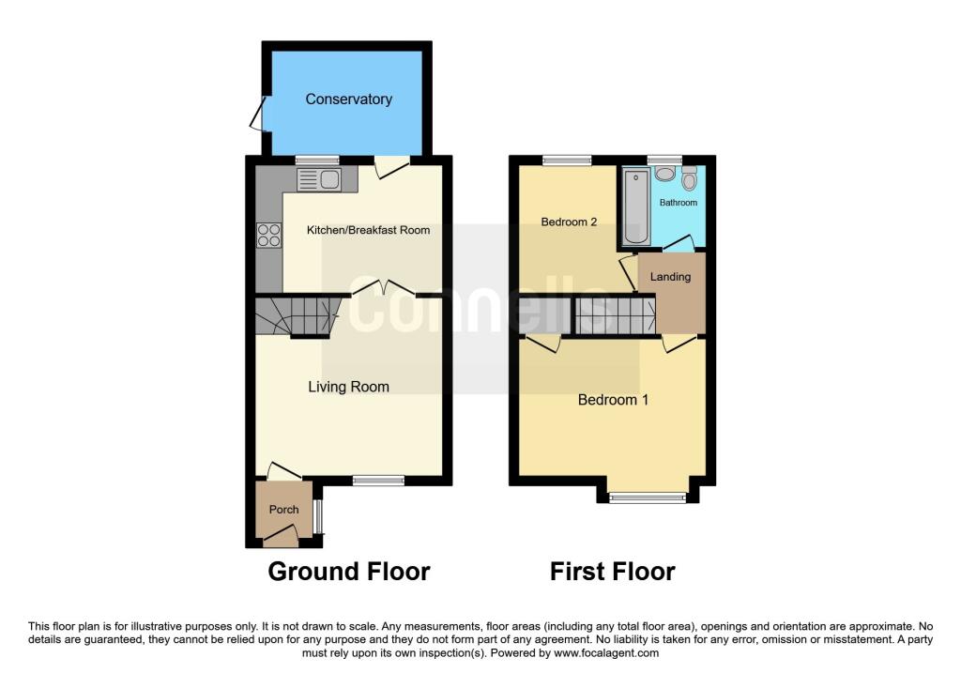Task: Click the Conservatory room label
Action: pos(348,99)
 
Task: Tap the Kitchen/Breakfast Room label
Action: pos(369,230)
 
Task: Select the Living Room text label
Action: pos(349,387)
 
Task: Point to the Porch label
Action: pos(283,510)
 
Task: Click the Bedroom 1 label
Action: pos(613,400)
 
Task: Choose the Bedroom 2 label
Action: pos(569,222)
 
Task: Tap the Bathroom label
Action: pos(678,203)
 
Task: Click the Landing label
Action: pos(670,277)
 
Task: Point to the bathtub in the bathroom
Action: pos(635,206)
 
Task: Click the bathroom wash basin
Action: pos(664,174)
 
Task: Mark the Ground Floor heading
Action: pos(349,572)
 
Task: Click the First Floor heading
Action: pos(612,572)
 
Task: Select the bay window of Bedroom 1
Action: pos(647,497)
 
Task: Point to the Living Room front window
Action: pos(378,481)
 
